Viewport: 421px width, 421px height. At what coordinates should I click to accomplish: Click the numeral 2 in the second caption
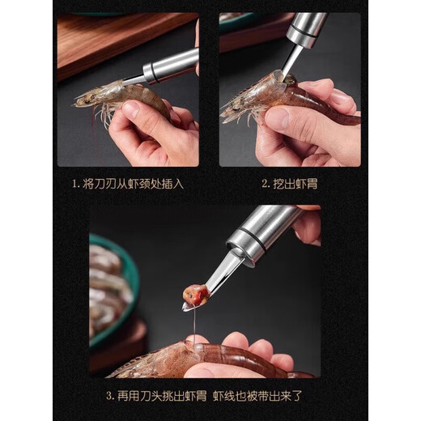point(265,184)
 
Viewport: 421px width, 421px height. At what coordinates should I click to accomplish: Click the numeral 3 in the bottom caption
point(108,397)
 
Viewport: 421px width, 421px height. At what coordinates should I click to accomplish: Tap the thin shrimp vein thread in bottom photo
point(193,328)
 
